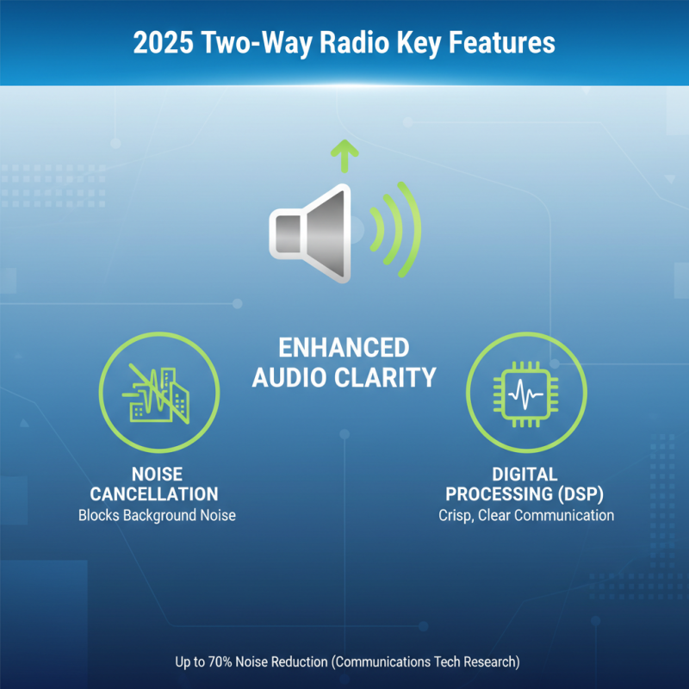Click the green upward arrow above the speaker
[345, 155]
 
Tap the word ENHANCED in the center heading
[344, 348]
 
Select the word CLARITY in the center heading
[392, 377]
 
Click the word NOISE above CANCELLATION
[157, 475]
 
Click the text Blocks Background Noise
[157, 516]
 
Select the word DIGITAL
[525, 475]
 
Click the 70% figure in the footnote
[233, 662]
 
